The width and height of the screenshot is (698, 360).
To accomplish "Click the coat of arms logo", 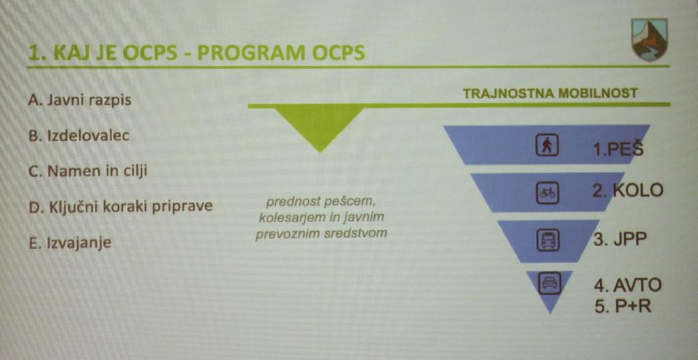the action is pyautogui.click(x=649, y=40).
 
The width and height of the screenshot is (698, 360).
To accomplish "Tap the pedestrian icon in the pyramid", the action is pyautogui.click(x=547, y=145).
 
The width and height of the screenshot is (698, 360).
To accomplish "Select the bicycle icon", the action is pyautogui.click(x=547, y=193).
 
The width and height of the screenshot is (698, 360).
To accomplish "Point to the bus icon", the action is pyautogui.click(x=547, y=240).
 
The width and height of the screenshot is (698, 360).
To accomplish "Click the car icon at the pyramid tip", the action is pyautogui.click(x=549, y=283).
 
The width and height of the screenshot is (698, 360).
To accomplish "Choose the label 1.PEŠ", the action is pyautogui.click(x=618, y=149).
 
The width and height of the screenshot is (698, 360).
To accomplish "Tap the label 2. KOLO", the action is pyautogui.click(x=628, y=191).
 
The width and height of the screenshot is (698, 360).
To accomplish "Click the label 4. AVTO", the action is pyautogui.click(x=627, y=286).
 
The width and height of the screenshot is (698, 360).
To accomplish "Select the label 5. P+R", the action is pyautogui.click(x=623, y=306).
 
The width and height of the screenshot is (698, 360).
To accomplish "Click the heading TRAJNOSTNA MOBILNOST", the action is pyautogui.click(x=550, y=93).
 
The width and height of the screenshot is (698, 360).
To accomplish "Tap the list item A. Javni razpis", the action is pyautogui.click(x=80, y=100).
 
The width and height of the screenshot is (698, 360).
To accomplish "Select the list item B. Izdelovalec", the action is pyautogui.click(x=79, y=136).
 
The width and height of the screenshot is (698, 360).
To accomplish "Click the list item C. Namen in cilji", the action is pyautogui.click(x=87, y=171).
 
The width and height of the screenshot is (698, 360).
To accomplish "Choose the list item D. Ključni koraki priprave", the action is pyautogui.click(x=120, y=208).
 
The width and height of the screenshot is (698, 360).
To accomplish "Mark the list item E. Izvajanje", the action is pyautogui.click(x=70, y=243).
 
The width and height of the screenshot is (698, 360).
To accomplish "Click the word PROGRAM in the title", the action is pyautogui.click(x=252, y=53).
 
